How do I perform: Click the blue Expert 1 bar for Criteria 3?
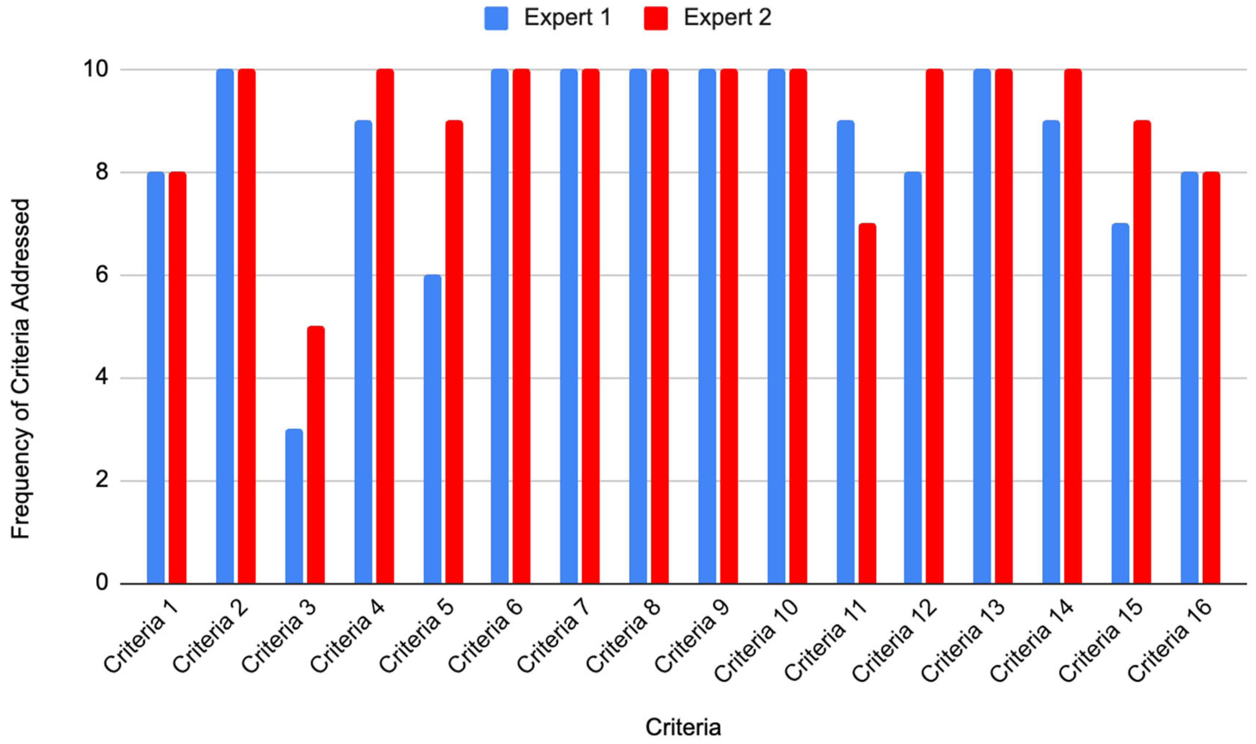(x=294, y=506)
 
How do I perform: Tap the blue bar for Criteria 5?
(x=432, y=429)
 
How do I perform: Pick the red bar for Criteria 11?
(x=867, y=404)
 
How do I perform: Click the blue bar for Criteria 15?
(x=1120, y=404)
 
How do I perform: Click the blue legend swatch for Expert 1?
(x=496, y=19)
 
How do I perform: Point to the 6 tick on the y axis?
(x=102, y=275)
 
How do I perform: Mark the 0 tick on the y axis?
(x=102, y=583)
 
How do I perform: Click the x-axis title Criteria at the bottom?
(x=683, y=727)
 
